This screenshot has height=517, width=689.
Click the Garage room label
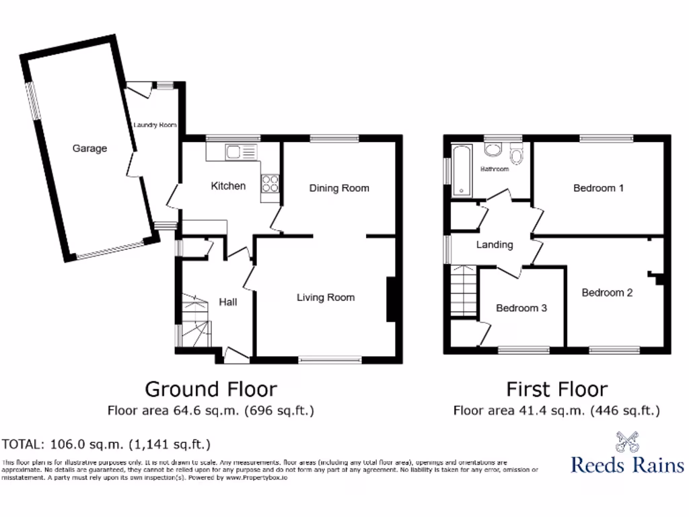click(x=89, y=148)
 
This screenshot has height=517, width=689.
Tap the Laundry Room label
click(x=155, y=125)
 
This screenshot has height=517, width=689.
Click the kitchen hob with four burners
click(x=270, y=184)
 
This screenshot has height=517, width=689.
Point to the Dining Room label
click(x=339, y=188)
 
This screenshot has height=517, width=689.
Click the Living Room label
click(x=326, y=297)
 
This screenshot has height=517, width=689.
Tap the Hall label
click(x=227, y=302)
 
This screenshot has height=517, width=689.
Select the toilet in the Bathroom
click(x=517, y=156)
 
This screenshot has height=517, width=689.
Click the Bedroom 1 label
click(x=598, y=188)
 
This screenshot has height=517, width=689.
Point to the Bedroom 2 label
click(x=607, y=293)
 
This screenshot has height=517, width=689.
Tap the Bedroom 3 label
click(x=521, y=308)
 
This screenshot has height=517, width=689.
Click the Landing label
click(x=495, y=244)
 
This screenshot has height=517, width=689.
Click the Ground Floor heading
click(x=211, y=389)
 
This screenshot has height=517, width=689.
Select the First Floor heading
click(x=556, y=389)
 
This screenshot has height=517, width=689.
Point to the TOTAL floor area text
click(x=107, y=444)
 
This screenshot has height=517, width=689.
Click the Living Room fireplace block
click(x=390, y=300)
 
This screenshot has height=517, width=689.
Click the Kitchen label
click(x=228, y=186)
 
